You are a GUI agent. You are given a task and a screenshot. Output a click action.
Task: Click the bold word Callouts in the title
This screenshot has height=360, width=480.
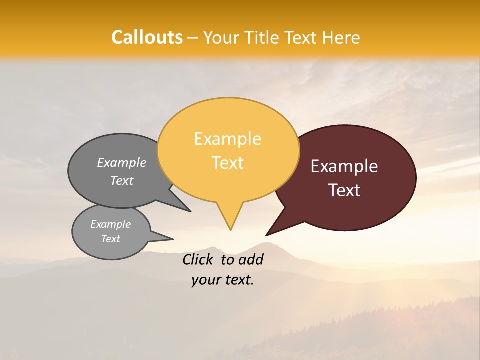pos(147,37)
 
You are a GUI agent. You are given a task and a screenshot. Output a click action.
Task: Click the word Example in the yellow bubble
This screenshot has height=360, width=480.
pos(227,139)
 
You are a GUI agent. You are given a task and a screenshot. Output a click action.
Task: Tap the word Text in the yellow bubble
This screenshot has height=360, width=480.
pos(227,163)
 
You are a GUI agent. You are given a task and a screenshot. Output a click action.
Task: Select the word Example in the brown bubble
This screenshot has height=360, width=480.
pos(344,166)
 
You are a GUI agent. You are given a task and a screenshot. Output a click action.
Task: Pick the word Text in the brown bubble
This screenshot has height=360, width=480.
pos(344,190)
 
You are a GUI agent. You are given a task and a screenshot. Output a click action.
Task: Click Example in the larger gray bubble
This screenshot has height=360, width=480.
pos(121,163)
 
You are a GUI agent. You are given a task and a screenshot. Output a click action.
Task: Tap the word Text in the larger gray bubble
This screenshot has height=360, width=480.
pos(121,180)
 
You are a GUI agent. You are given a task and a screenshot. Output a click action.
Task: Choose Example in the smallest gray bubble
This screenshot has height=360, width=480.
pos(110,224)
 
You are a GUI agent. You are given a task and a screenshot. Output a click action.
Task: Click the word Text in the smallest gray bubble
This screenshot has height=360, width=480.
pos(110,239)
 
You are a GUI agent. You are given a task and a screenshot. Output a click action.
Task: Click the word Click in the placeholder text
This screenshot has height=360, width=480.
pos(198,259)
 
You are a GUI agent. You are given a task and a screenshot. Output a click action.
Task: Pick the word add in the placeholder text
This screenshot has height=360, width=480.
pos(251,259)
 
